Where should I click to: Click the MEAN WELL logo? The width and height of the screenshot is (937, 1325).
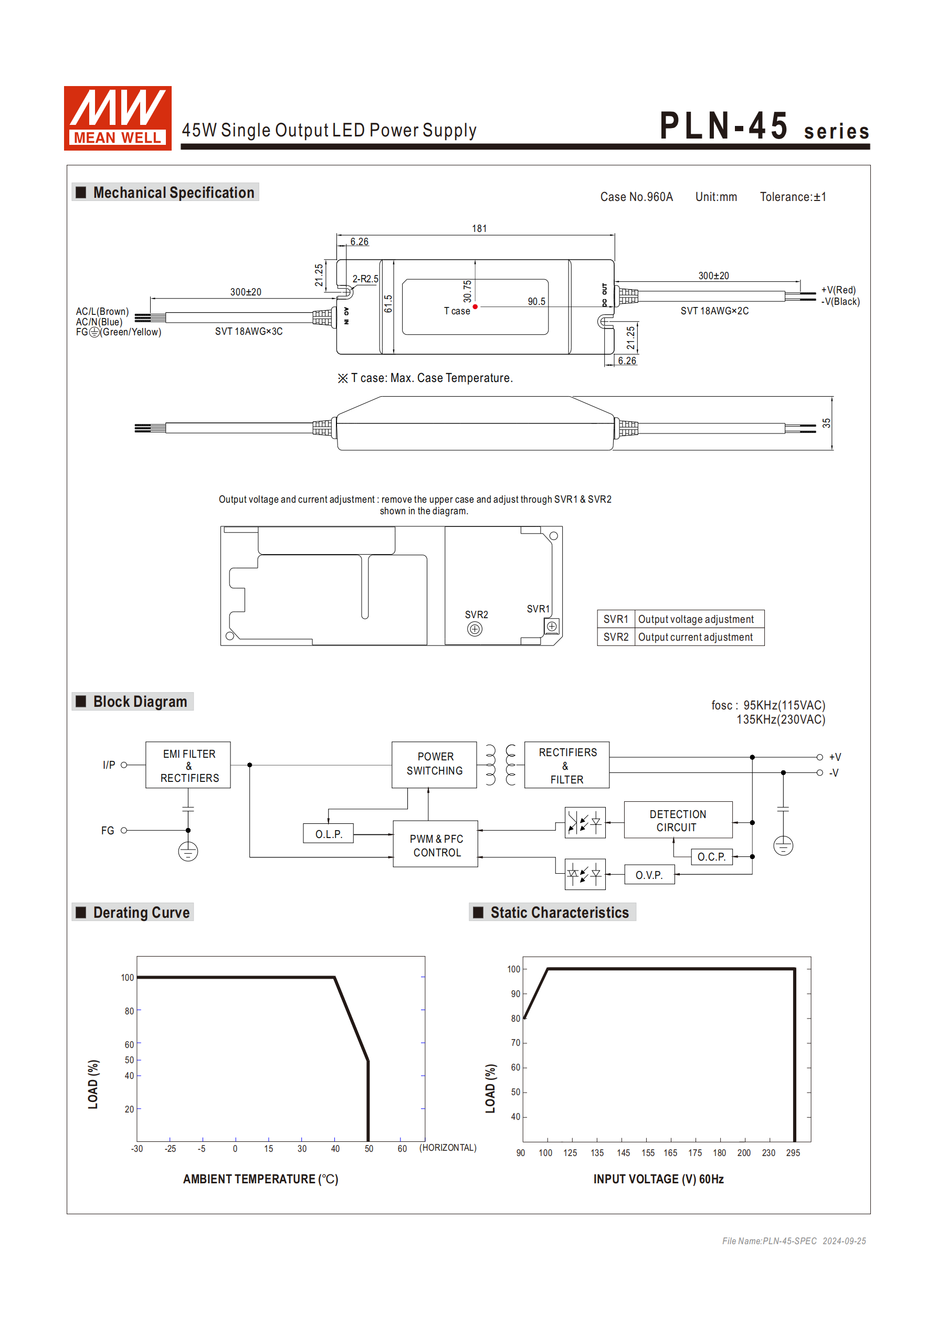pyautogui.click(x=117, y=118)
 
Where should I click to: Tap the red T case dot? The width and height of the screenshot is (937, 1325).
pyautogui.click(x=475, y=307)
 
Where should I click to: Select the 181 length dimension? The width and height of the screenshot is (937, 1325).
pyautogui.click(x=479, y=228)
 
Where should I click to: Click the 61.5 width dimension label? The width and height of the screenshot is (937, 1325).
pyautogui.click(x=388, y=304)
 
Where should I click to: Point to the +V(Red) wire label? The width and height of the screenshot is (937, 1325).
pyautogui.click(x=838, y=290)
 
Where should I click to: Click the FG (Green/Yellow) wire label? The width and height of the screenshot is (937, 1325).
pyautogui.click(x=118, y=332)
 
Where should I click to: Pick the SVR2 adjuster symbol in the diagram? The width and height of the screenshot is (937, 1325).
pyautogui.click(x=475, y=629)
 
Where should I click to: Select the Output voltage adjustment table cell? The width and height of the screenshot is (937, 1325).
pyautogui.click(x=696, y=619)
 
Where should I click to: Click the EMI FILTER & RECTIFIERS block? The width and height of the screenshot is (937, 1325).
pyautogui.click(x=188, y=765)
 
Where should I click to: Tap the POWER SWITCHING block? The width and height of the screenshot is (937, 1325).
pyautogui.click(x=434, y=764)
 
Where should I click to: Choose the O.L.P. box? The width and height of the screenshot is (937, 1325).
pyautogui.click(x=329, y=834)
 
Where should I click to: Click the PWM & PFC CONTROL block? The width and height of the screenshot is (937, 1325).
pyautogui.click(x=436, y=845)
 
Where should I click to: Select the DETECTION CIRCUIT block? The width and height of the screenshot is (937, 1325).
pyautogui.click(x=677, y=820)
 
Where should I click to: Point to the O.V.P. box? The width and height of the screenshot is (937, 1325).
pyautogui.click(x=649, y=875)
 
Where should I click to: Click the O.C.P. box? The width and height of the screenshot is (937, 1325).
pyautogui.click(x=711, y=856)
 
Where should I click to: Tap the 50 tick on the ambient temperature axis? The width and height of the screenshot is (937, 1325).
pyautogui.click(x=369, y=1148)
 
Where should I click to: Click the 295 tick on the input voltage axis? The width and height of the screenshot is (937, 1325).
pyautogui.click(x=793, y=1152)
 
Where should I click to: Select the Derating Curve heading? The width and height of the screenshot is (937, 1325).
pyautogui.click(x=141, y=913)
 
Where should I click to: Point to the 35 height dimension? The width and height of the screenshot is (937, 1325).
pyautogui.click(x=826, y=423)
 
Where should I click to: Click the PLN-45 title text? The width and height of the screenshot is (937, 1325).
pyautogui.click(x=724, y=126)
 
